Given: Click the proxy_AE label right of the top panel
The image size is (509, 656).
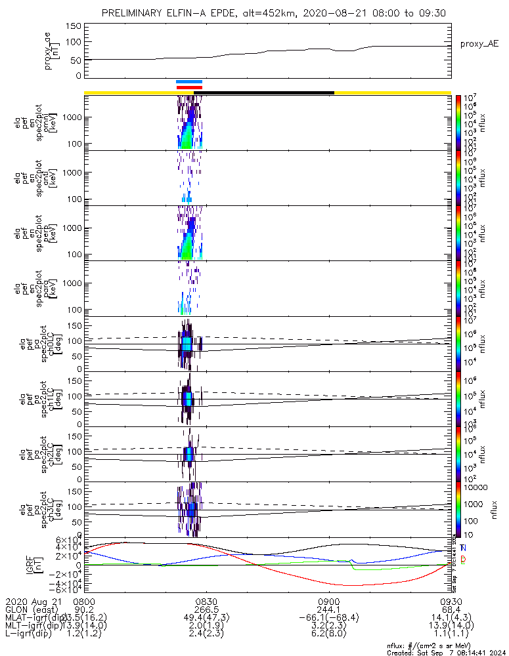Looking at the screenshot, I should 479,44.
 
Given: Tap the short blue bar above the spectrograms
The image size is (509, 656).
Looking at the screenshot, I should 189,81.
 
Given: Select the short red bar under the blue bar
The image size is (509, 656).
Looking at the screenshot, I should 189,87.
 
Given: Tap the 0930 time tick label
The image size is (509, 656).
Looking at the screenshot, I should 451,601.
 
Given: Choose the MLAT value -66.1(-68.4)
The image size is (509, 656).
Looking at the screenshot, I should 328,618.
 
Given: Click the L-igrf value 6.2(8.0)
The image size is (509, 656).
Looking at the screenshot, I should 328,635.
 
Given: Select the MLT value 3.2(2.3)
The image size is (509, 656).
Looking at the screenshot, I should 328,626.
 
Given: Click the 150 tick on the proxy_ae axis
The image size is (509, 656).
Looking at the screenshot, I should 74,26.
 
